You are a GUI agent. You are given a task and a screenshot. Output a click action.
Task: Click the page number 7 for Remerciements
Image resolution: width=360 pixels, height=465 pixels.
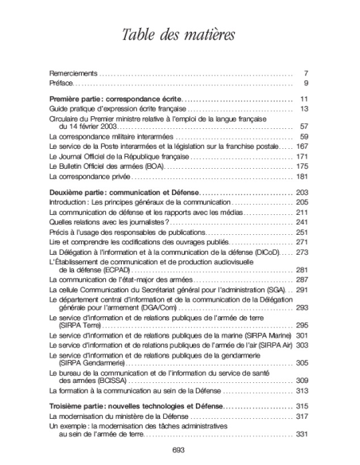[x=306, y=72]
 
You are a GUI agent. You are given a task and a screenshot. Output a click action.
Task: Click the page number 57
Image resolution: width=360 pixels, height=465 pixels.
[x=303, y=127]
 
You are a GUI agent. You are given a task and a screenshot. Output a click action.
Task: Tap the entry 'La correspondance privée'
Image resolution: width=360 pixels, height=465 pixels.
[x=89, y=176]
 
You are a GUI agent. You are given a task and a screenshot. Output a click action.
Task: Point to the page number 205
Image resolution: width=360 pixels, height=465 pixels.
[x=302, y=203]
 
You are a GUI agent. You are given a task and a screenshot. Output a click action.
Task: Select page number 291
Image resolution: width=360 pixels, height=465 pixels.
[x=302, y=291]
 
